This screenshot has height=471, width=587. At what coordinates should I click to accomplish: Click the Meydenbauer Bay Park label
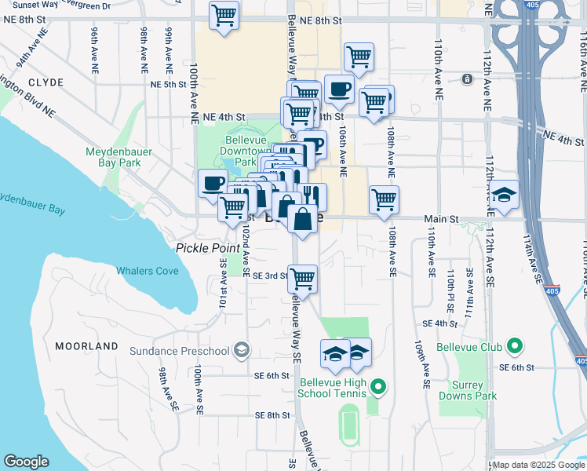coord(115,157)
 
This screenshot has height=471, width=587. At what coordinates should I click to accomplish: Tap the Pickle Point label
coord(207,248)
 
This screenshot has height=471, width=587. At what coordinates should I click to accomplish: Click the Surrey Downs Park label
coord(476,390)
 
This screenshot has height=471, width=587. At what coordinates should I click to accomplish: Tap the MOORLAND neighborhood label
coord(86,345)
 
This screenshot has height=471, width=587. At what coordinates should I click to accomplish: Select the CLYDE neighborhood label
coord(45,82)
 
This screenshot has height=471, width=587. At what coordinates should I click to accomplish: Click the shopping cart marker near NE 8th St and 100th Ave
coord(224,15)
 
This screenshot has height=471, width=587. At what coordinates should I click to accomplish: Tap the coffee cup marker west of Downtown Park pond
coord(213,184)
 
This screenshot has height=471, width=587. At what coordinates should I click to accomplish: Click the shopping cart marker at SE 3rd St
coord(302,278)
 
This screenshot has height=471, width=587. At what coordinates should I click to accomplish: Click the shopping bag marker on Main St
coord(303,217)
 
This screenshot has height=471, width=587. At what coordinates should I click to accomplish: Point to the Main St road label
coord(440,219)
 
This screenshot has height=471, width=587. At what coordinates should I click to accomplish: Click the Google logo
coord(27,462)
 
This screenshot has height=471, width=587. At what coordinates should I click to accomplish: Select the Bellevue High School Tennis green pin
coord(378,385)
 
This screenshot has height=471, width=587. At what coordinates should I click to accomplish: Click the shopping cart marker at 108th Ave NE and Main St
coord(384,200)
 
